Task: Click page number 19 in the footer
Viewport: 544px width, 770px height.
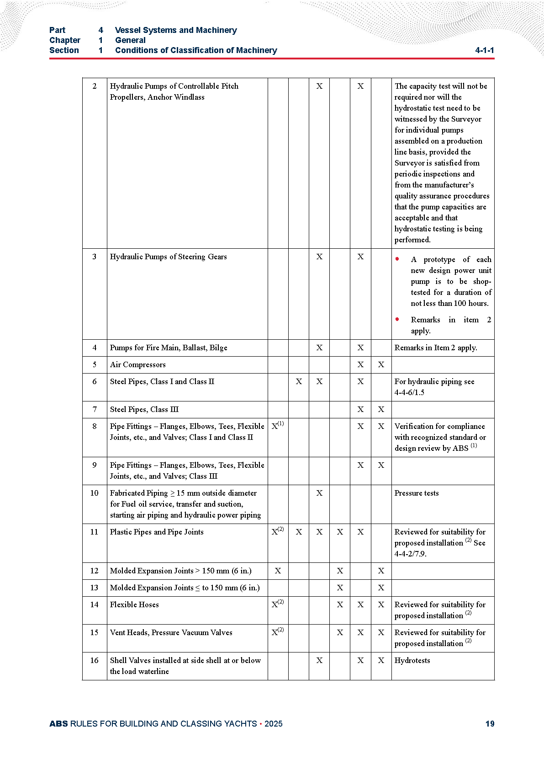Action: (x=490, y=724)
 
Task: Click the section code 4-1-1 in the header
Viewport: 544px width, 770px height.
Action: (x=484, y=50)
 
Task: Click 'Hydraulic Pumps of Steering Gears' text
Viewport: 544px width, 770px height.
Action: (x=168, y=257)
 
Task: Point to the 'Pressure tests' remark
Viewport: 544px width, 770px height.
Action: (x=416, y=493)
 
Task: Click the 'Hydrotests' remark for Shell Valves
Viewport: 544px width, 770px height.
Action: (x=412, y=660)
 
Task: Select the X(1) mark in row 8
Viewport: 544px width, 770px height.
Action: (x=277, y=426)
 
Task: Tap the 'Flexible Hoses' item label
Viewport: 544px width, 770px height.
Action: (x=134, y=604)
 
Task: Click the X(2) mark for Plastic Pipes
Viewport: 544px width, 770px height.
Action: (x=277, y=531)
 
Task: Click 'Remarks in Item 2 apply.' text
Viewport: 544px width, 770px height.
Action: (x=435, y=348)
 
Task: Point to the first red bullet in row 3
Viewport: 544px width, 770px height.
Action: (x=397, y=259)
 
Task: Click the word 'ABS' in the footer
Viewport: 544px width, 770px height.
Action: (x=58, y=724)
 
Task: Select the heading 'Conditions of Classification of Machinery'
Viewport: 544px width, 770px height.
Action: (x=196, y=50)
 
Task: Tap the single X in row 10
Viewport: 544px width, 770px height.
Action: (x=319, y=493)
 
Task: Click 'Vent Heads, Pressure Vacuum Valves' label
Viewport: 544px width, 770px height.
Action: (x=171, y=632)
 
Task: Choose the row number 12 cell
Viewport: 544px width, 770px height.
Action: (x=94, y=571)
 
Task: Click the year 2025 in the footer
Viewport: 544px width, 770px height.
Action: (x=273, y=724)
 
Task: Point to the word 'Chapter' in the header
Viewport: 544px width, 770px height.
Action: (x=64, y=40)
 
